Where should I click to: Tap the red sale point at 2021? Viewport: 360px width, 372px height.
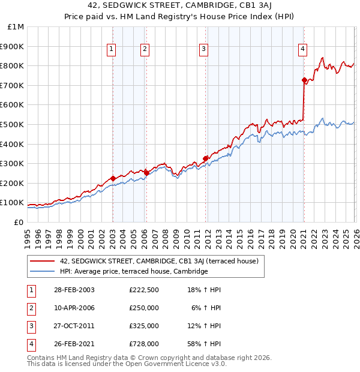(x=304, y=80)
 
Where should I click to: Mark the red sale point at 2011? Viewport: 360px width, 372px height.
(x=206, y=158)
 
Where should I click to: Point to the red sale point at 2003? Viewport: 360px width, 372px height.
(x=113, y=178)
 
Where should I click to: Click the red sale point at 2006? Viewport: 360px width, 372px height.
(x=146, y=173)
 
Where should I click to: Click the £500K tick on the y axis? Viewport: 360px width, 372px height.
(x=12, y=124)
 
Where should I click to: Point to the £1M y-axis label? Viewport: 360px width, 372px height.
(x=16, y=26)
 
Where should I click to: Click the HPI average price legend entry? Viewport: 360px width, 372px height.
(x=133, y=271)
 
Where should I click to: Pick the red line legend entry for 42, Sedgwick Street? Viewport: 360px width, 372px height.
(x=158, y=261)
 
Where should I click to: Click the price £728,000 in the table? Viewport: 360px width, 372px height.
(x=144, y=344)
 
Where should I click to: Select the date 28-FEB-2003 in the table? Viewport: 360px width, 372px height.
(x=74, y=290)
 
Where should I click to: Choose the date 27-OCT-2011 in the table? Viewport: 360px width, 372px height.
(x=74, y=326)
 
